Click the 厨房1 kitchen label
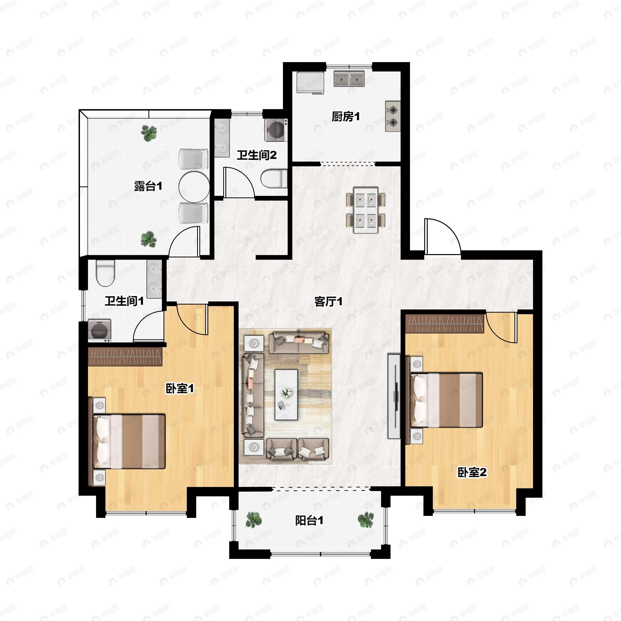click(x=345, y=117)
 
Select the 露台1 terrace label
click(x=148, y=186)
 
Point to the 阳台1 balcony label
click(x=309, y=520)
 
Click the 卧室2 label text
click(x=472, y=472)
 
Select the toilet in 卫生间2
click(x=274, y=179)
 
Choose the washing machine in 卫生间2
click(x=276, y=130)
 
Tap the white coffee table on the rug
click(x=286, y=395)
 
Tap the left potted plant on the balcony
click(x=254, y=520)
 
